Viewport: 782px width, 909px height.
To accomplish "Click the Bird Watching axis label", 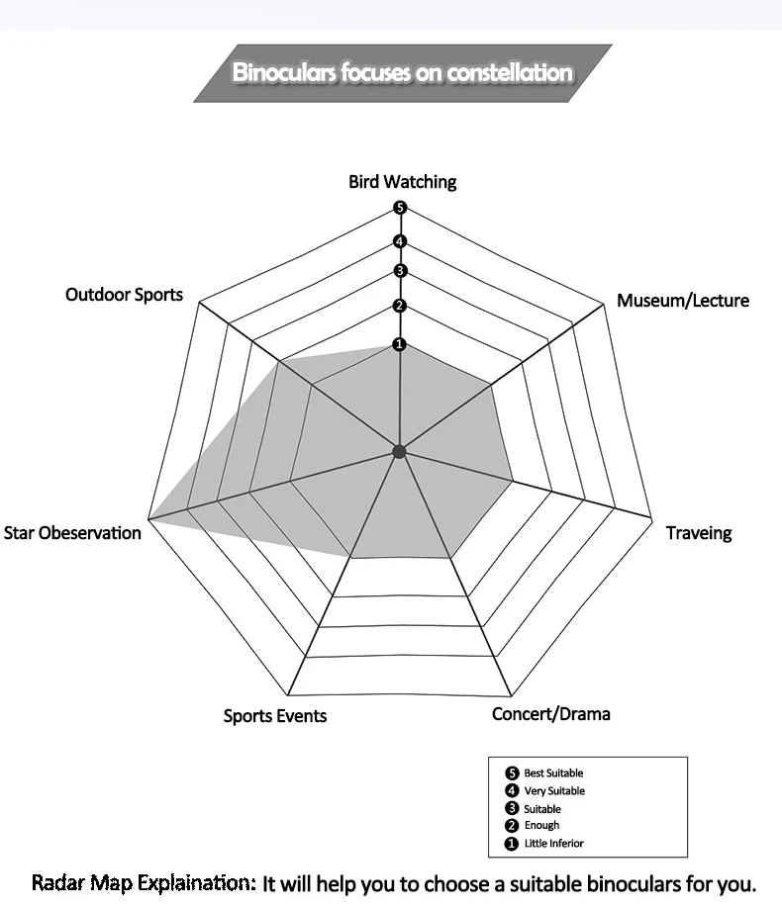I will (x=402, y=182).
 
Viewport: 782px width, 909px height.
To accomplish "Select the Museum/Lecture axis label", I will (x=682, y=301).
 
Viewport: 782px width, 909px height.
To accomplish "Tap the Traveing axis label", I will (x=698, y=533).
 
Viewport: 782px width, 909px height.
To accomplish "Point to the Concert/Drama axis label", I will (x=550, y=713).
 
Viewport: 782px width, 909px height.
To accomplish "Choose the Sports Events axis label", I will (x=274, y=716).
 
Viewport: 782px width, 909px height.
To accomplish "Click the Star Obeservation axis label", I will (x=72, y=533).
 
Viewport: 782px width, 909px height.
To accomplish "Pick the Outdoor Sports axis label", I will (x=124, y=295).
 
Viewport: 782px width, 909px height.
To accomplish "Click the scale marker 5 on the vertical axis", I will (x=400, y=208).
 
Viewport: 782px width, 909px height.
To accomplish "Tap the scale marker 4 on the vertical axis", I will (x=400, y=241).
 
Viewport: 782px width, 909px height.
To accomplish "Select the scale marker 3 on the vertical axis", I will (x=400, y=271).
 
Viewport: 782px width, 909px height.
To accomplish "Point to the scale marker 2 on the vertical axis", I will (x=400, y=306).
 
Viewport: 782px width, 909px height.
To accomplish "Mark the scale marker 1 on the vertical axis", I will (x=400, y=344).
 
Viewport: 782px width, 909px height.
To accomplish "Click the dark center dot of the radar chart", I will (x=400, y=452).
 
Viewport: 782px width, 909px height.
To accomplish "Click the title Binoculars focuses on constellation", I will (x=402, y=72).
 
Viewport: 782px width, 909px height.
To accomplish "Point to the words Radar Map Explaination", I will (x=144, y=881).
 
